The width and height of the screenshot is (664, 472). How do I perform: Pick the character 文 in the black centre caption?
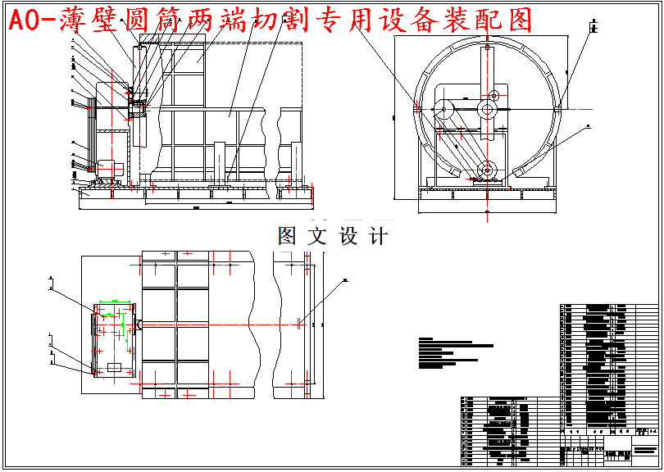point(317,237)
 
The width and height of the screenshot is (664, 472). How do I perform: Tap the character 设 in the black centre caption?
point(348,237)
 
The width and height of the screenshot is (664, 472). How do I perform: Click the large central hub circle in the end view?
point(488,108)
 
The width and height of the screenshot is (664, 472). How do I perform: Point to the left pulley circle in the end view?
point(443,107)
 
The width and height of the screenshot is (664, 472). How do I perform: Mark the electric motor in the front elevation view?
point(109,167)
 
